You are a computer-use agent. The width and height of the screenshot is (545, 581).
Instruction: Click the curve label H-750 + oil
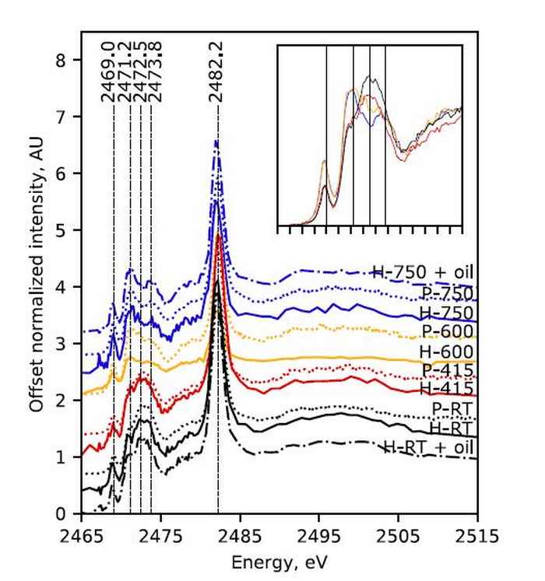click(x=424, y=273)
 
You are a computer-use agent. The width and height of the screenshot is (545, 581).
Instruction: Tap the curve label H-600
click(x=447, y=351)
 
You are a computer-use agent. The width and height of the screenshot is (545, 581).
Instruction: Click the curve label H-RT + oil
click(x=429, y=446)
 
